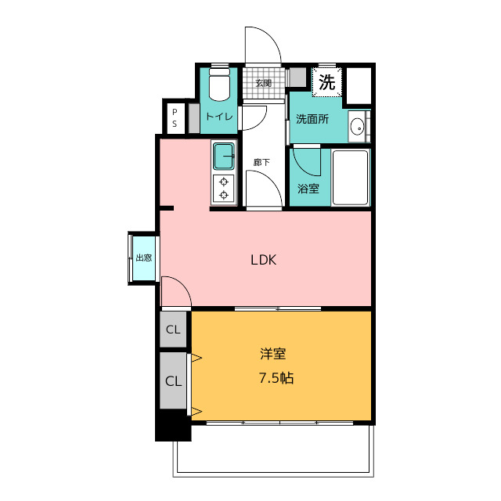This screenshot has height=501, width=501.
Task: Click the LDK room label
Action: (x=263, y=260)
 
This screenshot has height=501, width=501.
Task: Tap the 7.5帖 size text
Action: (x=276, y=378)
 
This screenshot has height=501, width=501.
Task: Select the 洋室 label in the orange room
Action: (x=273, y=354)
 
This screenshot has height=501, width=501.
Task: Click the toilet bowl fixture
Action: (x=219, y=85)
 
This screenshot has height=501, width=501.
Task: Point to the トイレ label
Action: (x=219, y=117)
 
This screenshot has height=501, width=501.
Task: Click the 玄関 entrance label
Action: (x=263, y=83)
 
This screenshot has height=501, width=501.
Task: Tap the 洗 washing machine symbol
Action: (x=327, y=82)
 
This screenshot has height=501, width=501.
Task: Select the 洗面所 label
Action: (x=312, y=119)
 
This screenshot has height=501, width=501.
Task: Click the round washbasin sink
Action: (x=357, y=127)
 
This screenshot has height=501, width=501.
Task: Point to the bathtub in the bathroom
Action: (x=351, y=178)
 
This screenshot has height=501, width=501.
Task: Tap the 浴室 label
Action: (x=308, y=189)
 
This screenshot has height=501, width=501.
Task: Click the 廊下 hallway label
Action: (x=261, y=162)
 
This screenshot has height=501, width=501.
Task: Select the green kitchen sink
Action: (x=224, y=157)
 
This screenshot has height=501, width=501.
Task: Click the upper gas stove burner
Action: (x=224, y=182)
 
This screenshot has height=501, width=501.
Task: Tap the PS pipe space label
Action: (x=175, y=118)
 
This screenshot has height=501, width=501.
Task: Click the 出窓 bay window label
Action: (x=143, y=258)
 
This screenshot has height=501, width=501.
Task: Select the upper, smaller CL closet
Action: (x=173, y=329)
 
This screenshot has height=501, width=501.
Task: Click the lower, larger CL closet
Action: (x=173, y=380)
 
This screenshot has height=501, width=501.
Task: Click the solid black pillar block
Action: (x=173, y=425)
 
